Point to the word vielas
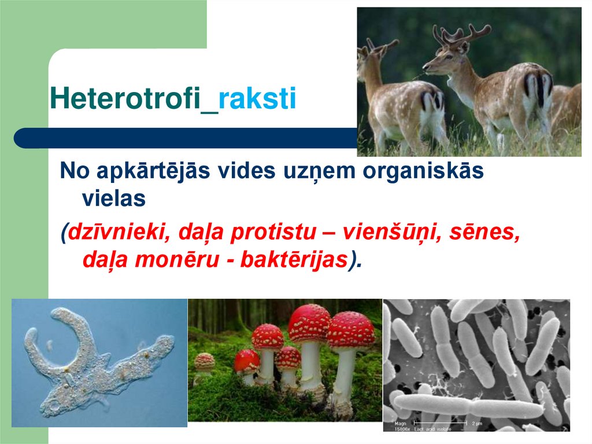(113, 199)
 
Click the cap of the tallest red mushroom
(309, 323)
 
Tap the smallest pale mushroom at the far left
(204, 362)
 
